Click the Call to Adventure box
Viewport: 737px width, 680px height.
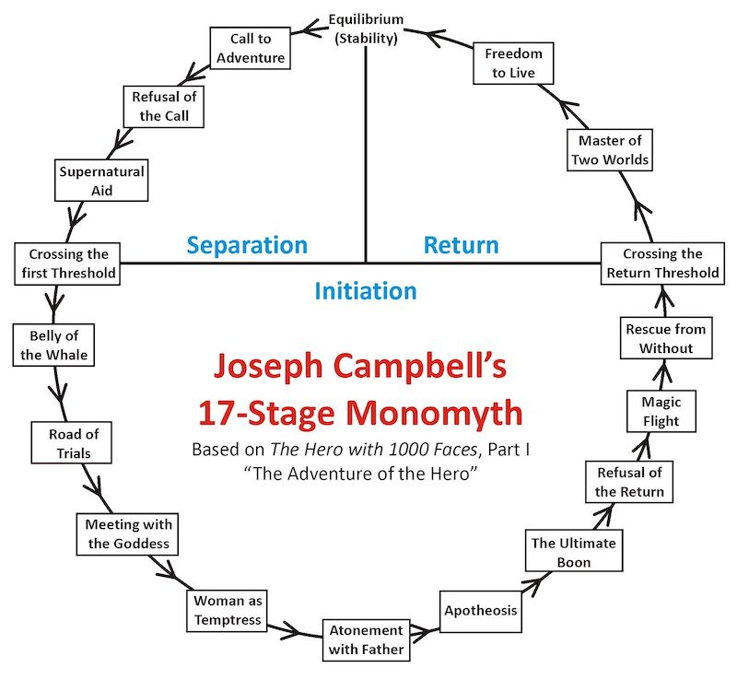pos(247,48)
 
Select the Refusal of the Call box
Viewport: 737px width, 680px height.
pos(162,107)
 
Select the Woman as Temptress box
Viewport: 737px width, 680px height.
pos(228,609)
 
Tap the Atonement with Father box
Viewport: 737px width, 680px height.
pos(365,639)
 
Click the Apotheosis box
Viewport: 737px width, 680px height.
pos(480,610)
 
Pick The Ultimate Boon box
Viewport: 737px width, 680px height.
pos(573,553)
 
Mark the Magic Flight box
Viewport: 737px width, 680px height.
pos(661,411)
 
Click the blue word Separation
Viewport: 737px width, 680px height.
pos(247,245)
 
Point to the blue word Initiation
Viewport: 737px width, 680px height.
pos(366,291)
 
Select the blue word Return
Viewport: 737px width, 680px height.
pos(461,245)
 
